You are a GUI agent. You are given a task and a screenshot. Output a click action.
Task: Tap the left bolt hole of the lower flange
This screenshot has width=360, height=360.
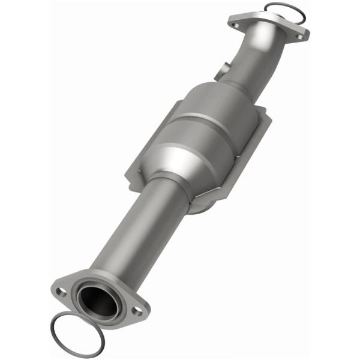pyautogui.click(x=61, y=292)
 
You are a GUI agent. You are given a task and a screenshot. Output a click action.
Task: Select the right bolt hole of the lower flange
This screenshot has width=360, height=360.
pyautogui.click(x=137, y=311)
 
